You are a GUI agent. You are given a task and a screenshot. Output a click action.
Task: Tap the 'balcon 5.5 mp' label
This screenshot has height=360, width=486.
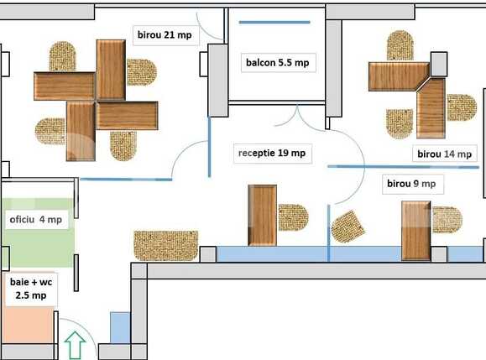[x=277, y=62]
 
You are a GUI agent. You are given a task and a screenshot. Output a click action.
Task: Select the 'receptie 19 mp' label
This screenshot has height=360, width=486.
[x=272, y=154]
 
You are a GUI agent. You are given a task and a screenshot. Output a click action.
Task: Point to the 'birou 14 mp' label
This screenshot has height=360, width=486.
[x=444, y=154]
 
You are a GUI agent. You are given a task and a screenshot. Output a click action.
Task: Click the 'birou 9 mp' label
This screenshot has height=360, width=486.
[x=410, y=183]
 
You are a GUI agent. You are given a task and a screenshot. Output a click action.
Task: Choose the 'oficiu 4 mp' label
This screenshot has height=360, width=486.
[x=35, y=220]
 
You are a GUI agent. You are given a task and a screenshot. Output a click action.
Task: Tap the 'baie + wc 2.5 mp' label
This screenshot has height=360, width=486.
[x=29, y=290]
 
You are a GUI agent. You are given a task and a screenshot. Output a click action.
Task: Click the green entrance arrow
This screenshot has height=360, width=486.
[x=76, y=345]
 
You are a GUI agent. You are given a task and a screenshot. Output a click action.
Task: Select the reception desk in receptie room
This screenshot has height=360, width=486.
[x=263, y=216]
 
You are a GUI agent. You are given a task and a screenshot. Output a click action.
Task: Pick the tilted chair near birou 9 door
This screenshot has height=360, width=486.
[x=348, y=225]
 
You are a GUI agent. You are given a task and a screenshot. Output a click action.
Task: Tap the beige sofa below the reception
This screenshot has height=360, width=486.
[x=165, y=245]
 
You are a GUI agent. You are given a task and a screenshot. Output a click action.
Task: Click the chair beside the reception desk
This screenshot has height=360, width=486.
[x=293, y=217]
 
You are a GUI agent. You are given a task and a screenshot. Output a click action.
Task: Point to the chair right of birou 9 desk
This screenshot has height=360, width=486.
[x=446, y=219]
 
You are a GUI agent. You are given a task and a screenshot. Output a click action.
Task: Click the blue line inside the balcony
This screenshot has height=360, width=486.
[x=274, y=22]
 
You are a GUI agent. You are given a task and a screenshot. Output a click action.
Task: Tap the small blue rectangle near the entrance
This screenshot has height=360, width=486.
[x=120, y=327]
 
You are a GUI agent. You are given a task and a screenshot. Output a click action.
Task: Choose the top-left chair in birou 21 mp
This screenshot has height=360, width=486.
[x=64, y=57]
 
